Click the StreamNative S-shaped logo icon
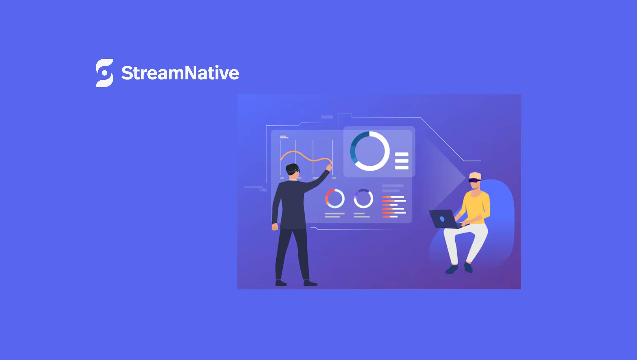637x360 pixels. coord(104,73)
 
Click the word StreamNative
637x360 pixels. coord(180,73)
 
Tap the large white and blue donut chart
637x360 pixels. coord(370,151)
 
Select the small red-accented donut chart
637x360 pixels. coord(335,198)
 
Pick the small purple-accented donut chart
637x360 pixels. coord(363,198)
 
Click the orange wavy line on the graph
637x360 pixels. coord(305,156)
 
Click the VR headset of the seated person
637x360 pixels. coord(474,180)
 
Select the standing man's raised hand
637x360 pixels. coord(329,167)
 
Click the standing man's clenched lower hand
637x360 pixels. coord(275,227)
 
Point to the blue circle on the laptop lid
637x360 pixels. coord(442,219)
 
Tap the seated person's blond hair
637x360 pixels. coord(475,176)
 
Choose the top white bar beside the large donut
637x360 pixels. coord(402,155)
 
